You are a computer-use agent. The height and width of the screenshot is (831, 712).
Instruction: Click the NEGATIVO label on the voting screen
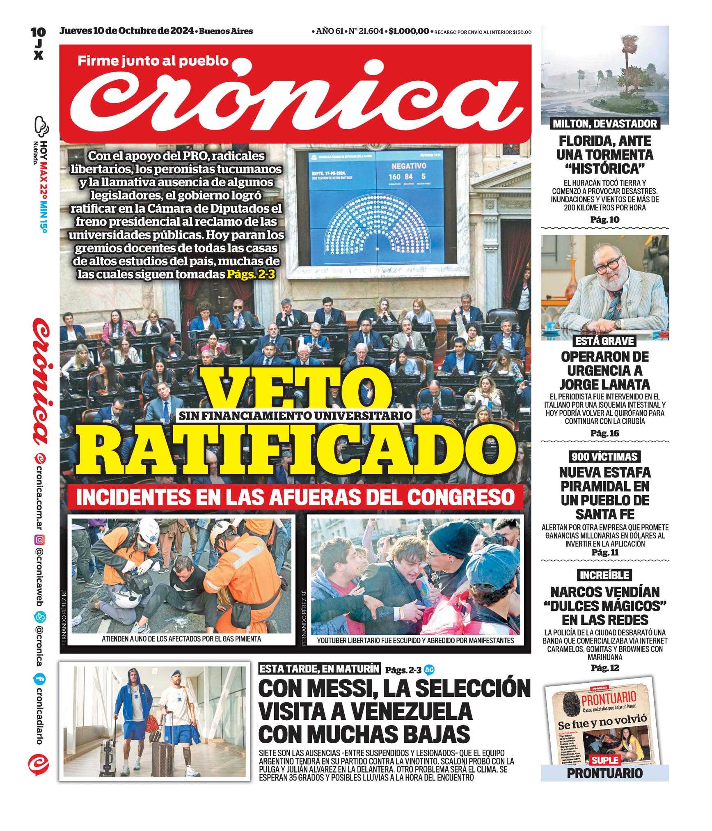(x=408, y=166)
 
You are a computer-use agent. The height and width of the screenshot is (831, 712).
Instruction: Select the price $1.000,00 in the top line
(x=409, y=31)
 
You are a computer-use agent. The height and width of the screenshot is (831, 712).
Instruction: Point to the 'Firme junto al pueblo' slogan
(x=153, y=61)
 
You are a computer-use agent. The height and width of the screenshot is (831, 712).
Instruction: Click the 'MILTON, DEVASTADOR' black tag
(x=604, y=124)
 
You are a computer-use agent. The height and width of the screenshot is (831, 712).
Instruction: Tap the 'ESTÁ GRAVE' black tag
(x=604, y=341)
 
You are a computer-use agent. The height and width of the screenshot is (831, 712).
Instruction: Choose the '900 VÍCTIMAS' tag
(x=604, y=457)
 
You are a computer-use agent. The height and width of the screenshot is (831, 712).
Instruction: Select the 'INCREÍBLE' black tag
(x=604, y=575)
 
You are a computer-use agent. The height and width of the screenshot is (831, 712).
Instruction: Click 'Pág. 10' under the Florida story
(x=604, y=220)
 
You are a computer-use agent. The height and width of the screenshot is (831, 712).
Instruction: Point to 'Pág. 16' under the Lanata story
(x=604, y=433)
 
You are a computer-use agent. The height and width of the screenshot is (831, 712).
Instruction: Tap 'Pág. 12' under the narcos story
(x=604, y=668)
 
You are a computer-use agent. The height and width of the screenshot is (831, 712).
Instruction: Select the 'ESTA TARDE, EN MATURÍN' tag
(x=320, y=669)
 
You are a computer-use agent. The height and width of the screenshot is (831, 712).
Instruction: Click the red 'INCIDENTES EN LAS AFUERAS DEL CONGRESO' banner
(x=295, y=497)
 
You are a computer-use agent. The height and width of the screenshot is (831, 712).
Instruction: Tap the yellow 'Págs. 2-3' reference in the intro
(x=251, y=274)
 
